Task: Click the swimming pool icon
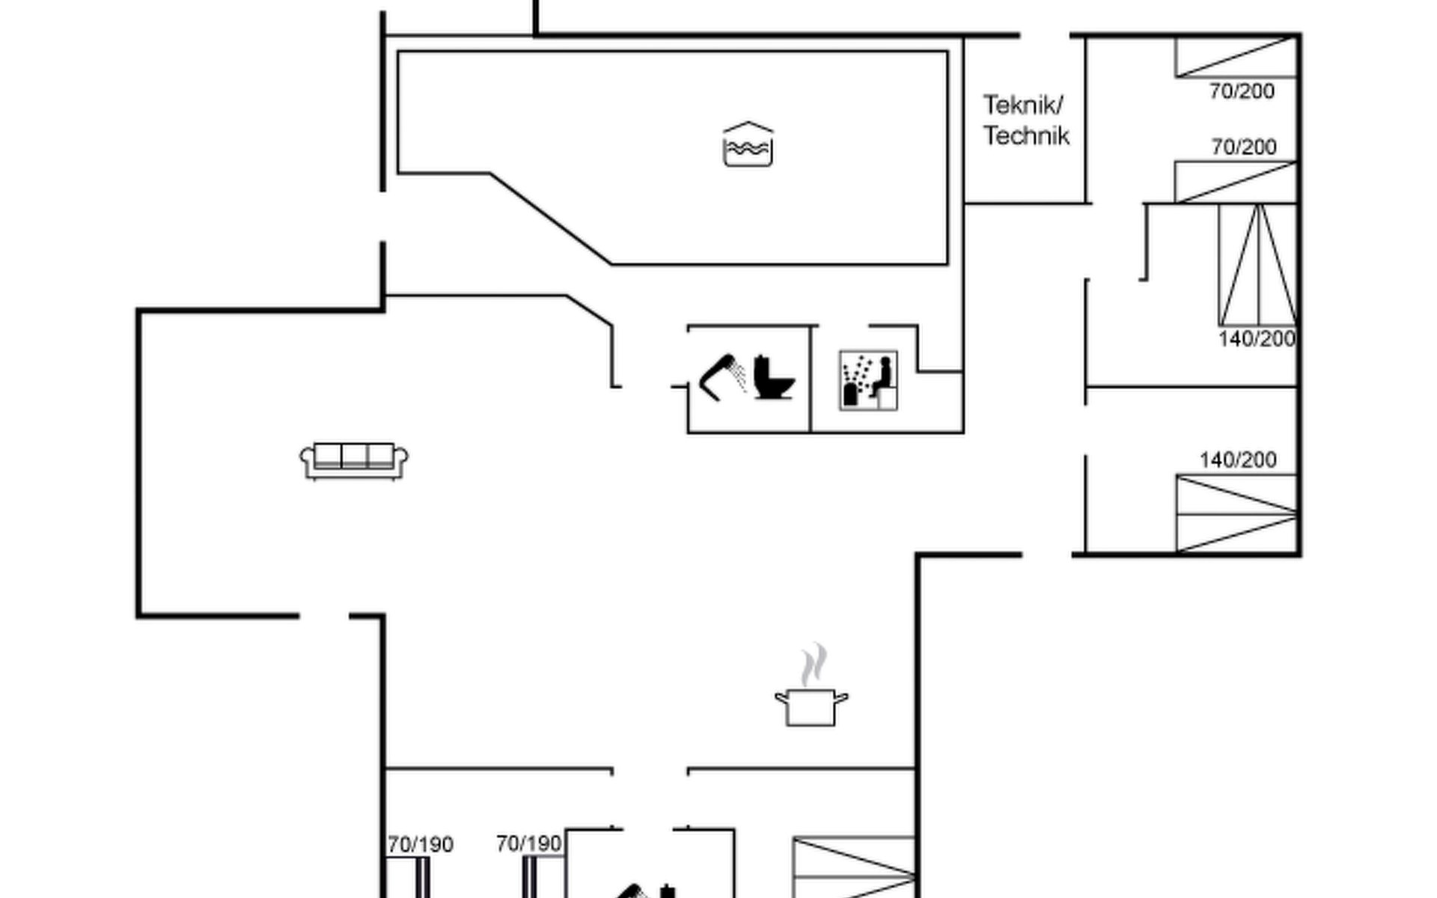point(748,144)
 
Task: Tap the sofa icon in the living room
point(354,459)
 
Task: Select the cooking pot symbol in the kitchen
point(811,706)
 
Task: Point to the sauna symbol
point(868,380)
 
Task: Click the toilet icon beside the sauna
point(772,377)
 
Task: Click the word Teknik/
point(1022,105)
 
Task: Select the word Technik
point(1026,136)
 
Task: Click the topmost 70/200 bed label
point(1242,91)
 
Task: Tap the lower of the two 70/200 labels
point(1244,147)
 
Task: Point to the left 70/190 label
point(421,845)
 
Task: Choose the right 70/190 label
point(528,844)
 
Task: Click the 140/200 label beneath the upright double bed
point(1257,339)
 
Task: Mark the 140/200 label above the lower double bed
point(1238,459)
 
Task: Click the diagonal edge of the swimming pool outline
point(550,218)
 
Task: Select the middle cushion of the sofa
point(355,454)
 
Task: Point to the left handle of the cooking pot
point(781,698)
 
